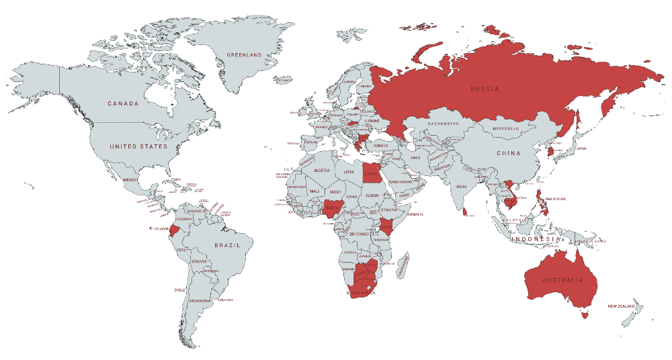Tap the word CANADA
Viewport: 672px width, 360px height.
pos(123,103)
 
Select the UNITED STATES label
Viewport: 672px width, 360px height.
pos(138,146)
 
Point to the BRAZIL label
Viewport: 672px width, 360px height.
pos(227,246)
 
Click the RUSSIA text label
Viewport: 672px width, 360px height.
pos(485,89)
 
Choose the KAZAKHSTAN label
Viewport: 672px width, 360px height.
pos(443,124)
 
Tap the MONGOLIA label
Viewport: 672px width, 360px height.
pos(506,129)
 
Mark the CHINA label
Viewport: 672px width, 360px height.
pos(509,153)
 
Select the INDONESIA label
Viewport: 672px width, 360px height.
pos(535,239)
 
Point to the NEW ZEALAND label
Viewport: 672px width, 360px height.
pos(622,307)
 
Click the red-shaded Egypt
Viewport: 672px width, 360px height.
pos(371,173)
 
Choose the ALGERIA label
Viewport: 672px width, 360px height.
pos(321,171)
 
